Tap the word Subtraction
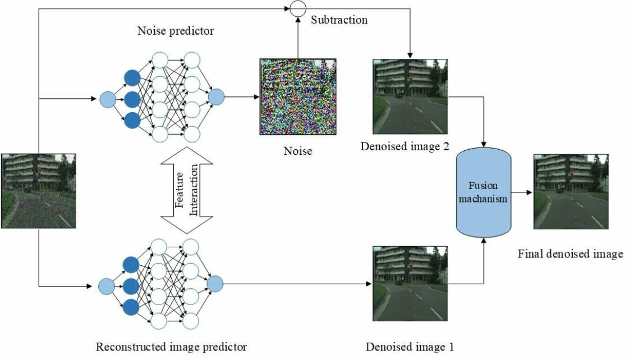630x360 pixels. (339, 20)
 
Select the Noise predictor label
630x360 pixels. (176, 31)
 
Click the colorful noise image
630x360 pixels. (297, 96)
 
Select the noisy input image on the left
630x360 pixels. (38, 191)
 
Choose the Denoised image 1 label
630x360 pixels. (410, 347)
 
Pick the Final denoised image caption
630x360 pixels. (570, 254)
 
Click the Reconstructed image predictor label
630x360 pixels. (171, 347)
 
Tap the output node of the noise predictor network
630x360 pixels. (216, 98)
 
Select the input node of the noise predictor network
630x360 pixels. (107, 100)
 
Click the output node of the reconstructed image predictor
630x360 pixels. (214, 284)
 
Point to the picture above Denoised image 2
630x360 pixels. (410, 96)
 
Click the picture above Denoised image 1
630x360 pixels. (410, 284)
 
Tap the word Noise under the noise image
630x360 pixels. (297, 151)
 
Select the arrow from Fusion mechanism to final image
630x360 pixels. (523, 192)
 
